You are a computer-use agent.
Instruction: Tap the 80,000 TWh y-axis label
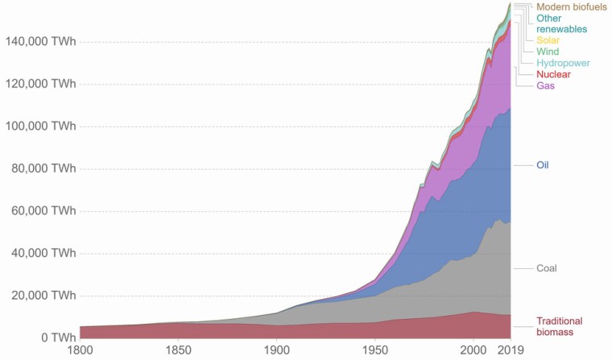[43, 169]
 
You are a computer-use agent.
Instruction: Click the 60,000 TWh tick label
[43, 211]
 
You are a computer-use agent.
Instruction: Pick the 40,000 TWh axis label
[43, 253]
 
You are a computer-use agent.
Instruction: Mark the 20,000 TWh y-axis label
[43, 296]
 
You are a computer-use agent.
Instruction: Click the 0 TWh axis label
[57, 337]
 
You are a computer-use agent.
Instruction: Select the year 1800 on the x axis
[80, 351]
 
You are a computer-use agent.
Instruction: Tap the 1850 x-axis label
[178, 351]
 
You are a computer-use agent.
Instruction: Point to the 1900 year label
[276, 351]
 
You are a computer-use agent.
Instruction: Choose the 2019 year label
[510, 351]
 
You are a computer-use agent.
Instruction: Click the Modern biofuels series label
[571, 6]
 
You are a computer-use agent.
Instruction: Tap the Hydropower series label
[563, 63]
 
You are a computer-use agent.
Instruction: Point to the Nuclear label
[553, 74]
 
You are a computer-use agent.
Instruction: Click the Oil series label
[543, 165]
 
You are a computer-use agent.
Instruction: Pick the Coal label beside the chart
[547, 268]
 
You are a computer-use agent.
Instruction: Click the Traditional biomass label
[559, 326]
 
